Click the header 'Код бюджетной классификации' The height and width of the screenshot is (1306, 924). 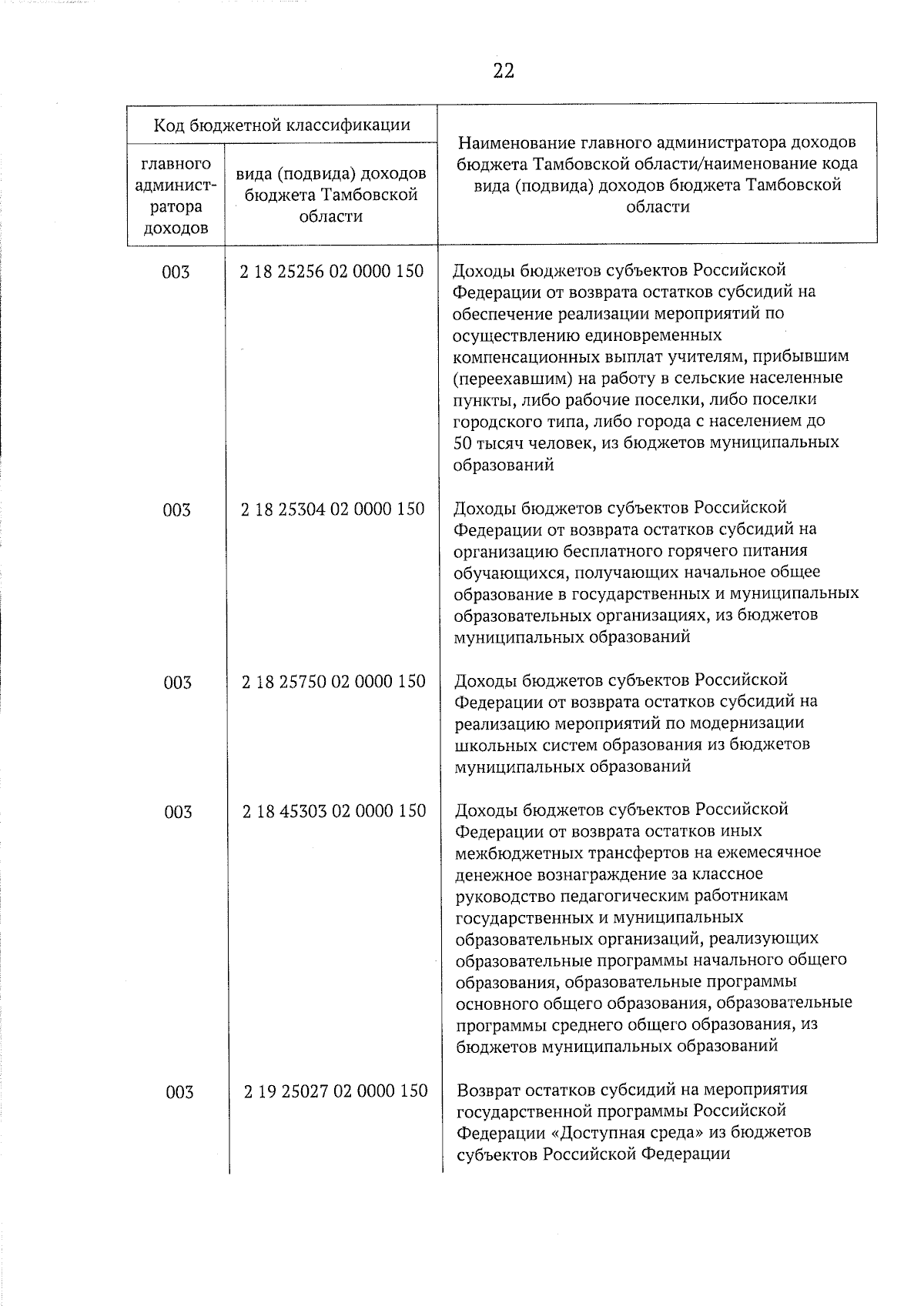pyautogui.click(x=282, y=124)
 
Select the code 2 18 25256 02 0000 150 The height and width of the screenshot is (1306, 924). pyautogui.click(x=332, y=271)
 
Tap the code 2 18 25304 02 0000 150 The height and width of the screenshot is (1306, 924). pyautogui.click(x=333, y=509)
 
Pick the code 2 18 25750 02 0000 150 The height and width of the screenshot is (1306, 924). pyautogui.click(x=333, y=681)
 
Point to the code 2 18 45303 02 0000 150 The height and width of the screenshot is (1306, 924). pyautogui.click(x=334, y=810)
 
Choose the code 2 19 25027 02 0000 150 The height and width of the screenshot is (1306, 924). pyautogui.click(x=336, y=1091)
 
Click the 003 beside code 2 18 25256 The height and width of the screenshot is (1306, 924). pyautogui.click(x=176, y=272)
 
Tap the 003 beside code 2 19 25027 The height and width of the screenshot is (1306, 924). pyautogui.click(x=179, y=1091)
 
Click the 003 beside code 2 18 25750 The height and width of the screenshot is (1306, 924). pyautogui.click(x=177, y=682)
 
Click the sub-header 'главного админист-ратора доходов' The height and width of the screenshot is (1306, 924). pyautogui.click(x=175, y=196)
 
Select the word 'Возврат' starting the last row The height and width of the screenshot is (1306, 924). pyautogui.click(x=491, y=1090)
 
